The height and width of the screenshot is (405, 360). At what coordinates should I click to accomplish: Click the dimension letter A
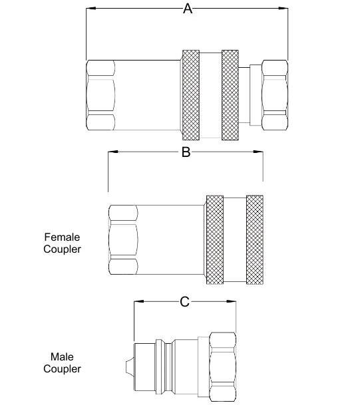[188, 9]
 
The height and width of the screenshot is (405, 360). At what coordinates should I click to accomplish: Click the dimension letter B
[186, 152]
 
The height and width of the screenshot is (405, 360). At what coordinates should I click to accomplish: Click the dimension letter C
[185, 302]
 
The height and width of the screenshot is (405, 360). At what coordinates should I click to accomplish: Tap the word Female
[62, 237]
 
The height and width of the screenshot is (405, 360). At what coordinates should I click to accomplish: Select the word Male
[62, 356]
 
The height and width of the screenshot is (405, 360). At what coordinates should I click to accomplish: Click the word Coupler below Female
[62, 249]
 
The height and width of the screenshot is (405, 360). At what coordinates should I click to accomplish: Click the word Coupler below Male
[62, 369]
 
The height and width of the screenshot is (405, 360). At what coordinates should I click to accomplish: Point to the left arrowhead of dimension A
[91, 8]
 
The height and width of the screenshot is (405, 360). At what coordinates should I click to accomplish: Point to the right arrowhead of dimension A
[283, 8]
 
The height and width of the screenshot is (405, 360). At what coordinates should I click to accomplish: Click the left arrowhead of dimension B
[113, 152]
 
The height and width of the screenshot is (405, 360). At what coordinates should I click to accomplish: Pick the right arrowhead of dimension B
[258, 152]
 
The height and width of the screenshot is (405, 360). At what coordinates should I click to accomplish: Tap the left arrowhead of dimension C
[139, 301]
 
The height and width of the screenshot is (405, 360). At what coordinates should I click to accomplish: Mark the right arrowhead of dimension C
[231, 301]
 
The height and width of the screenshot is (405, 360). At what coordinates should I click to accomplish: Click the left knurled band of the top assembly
[191, 95]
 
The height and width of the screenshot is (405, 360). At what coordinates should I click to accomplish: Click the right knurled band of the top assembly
[230, 95]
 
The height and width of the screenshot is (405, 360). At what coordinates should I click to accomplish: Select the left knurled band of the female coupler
[215, 240]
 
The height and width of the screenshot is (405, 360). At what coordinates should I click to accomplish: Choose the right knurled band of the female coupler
[255, 240]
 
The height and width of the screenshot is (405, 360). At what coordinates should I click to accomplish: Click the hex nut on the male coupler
[222, 367]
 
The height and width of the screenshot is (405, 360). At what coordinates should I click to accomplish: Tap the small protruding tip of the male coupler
[130, 367]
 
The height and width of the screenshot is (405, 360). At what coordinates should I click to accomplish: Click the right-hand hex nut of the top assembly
[275, 95]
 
